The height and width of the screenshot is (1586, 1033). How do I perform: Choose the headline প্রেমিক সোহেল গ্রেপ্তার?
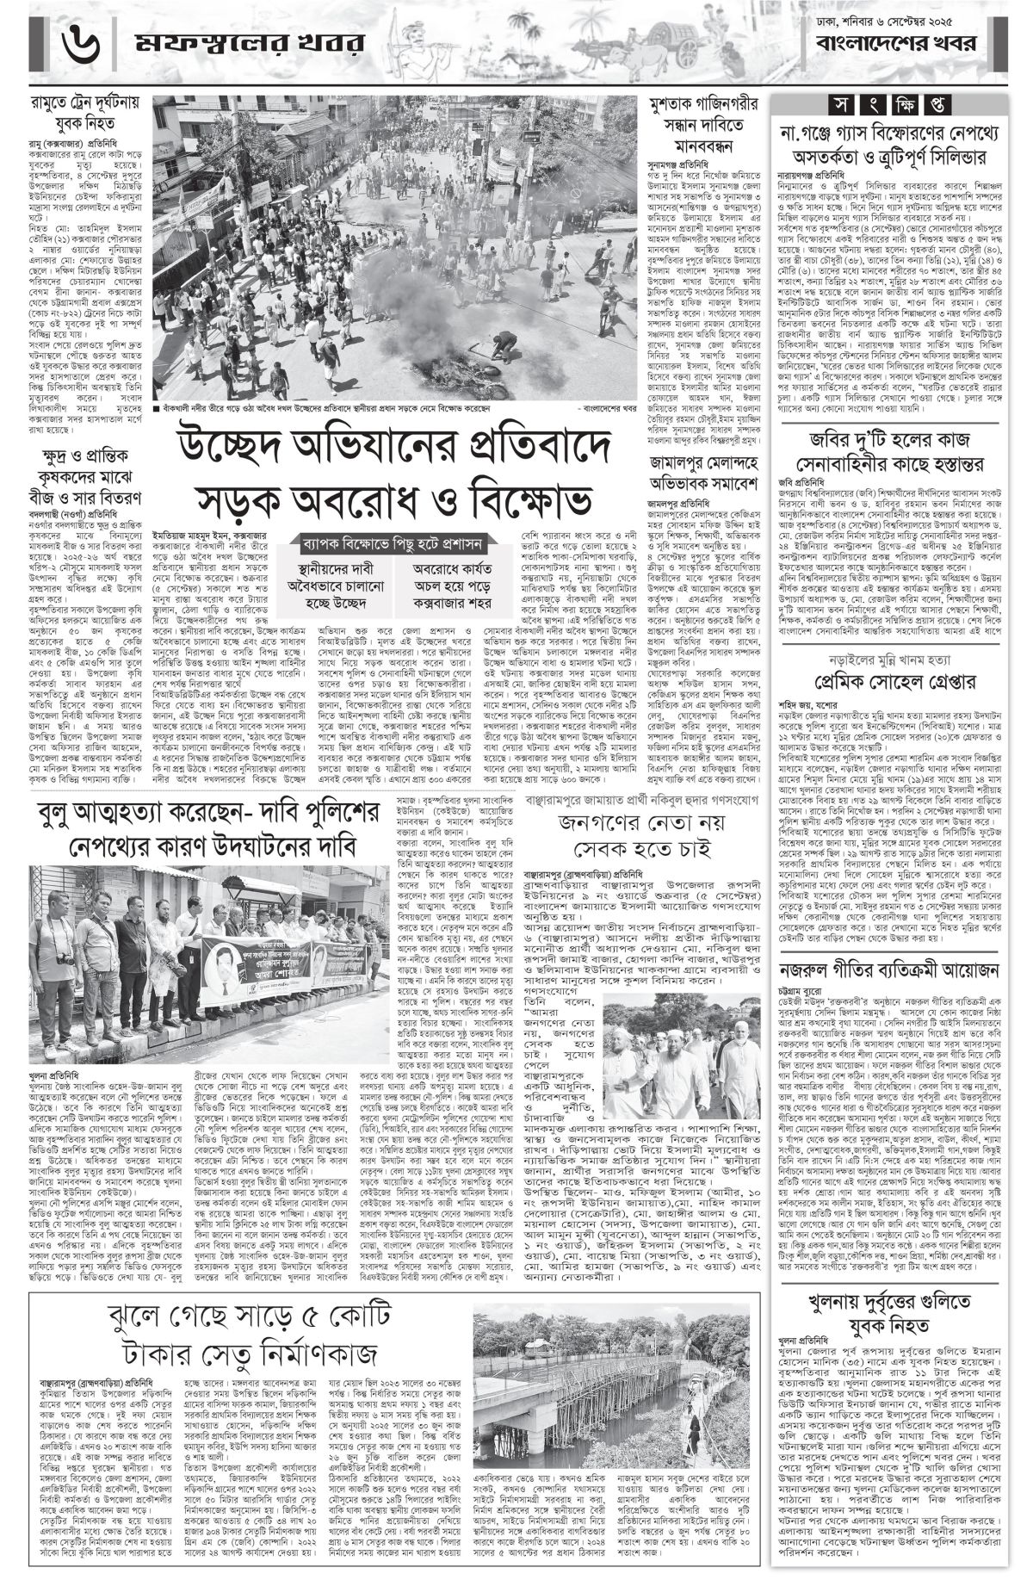[x=896, y=683]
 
